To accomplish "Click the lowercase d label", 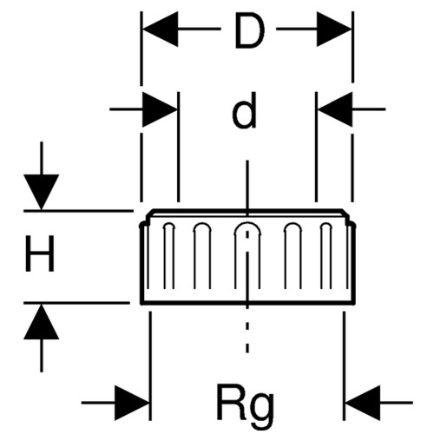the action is tap(245, 111).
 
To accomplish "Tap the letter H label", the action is tap(40, 253).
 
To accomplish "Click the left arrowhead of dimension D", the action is tap(161, 29).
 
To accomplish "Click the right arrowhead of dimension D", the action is tap(334, 29).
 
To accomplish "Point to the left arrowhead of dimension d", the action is tap(160, 109).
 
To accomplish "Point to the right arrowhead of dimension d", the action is tap(335, 109).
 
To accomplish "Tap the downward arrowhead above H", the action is tap(42, 192).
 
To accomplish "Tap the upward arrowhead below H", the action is tap(42, 321).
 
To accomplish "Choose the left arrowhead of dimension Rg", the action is tap(132, 403).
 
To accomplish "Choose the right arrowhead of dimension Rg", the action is tap(363, 403).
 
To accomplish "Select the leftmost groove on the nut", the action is tap(169, 255).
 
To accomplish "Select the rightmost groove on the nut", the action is tap(326, 255).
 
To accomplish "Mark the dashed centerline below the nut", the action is tap(247, 330).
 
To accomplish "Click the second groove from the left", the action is tap(202, 255).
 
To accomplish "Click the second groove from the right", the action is tap(293, 255).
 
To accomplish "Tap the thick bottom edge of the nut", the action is tap(247, 303).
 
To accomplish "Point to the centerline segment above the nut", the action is tap(247, 188).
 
